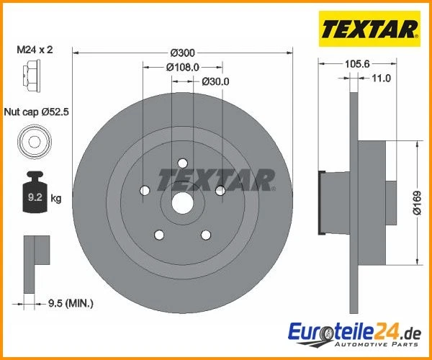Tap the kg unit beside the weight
point(56,197)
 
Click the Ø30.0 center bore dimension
point(215,81)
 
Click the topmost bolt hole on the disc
point(183,163)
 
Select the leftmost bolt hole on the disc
point(145,191)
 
